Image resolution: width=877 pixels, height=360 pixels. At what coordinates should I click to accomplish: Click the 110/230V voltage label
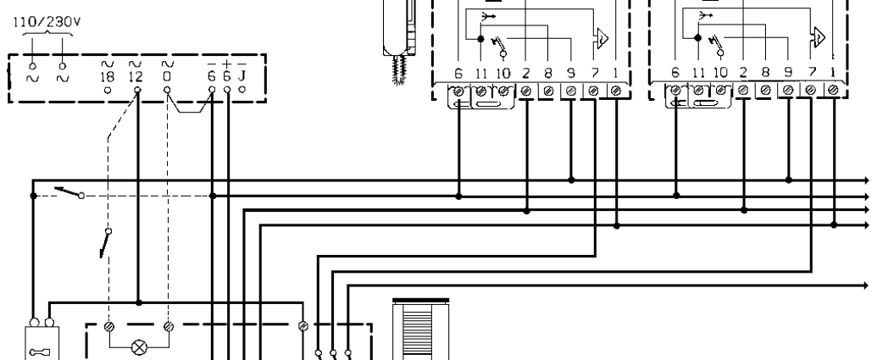click(x=47, y=22)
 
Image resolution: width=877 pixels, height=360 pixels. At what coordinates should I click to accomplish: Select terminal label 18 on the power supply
click(x=108, y=76)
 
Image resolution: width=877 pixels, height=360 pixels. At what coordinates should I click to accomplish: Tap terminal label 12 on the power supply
click(x=136, y=76)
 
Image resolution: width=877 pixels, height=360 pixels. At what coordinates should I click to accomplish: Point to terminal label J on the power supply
click(x=241, y=76)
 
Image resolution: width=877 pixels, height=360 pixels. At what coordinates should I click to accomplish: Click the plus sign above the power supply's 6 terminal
click(x=226, y=64)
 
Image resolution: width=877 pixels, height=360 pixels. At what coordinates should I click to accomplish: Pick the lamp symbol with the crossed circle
click(x=139, y=348)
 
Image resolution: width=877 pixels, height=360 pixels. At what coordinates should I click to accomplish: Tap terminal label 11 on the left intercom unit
click(x=480, y=73)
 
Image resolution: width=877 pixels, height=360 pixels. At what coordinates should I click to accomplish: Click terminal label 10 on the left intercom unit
click(x=502, y=73)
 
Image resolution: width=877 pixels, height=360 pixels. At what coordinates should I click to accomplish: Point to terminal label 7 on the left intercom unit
click(x=594, y=73)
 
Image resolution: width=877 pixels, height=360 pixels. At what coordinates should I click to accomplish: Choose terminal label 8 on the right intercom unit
click(x=765, y=73)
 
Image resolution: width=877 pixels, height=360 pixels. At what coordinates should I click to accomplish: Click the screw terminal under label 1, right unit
click(x=833, y=90)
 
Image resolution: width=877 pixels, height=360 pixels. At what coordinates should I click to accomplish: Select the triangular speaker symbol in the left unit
click(x=602, y=38)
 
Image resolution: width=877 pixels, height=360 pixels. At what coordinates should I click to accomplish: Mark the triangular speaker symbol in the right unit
click(x=819, y=37)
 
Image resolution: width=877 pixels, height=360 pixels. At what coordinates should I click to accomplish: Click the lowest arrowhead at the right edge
click(x=865, y=285)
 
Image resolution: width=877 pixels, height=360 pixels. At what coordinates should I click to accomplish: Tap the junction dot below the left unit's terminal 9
click(x=571, y=180)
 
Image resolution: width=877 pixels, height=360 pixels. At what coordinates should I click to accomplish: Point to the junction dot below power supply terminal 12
click(x=139, y=302)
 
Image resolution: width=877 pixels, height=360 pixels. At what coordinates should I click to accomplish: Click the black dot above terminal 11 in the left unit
click(x=480, y=39)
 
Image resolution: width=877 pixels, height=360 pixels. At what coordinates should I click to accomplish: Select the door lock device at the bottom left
click(x=42, y=343)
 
